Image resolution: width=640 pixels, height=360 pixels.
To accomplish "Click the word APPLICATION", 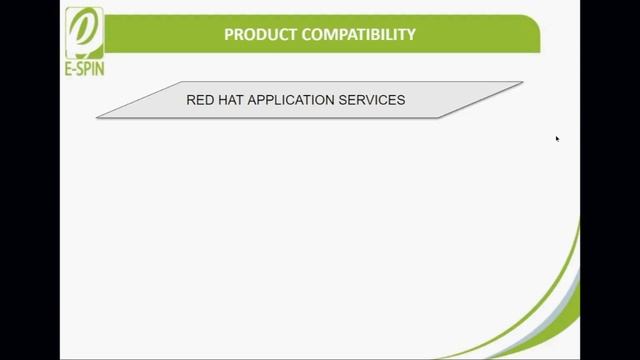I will pos(294,100).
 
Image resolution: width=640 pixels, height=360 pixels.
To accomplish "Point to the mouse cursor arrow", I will pos(557,138).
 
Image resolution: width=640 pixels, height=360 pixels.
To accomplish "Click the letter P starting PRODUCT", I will pos(229,35).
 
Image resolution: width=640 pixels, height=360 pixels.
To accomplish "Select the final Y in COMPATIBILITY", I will pos(411,35).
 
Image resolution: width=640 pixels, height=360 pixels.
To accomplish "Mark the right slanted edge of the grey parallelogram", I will pos(480,100).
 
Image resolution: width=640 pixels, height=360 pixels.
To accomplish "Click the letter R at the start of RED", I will pos(191,100).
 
